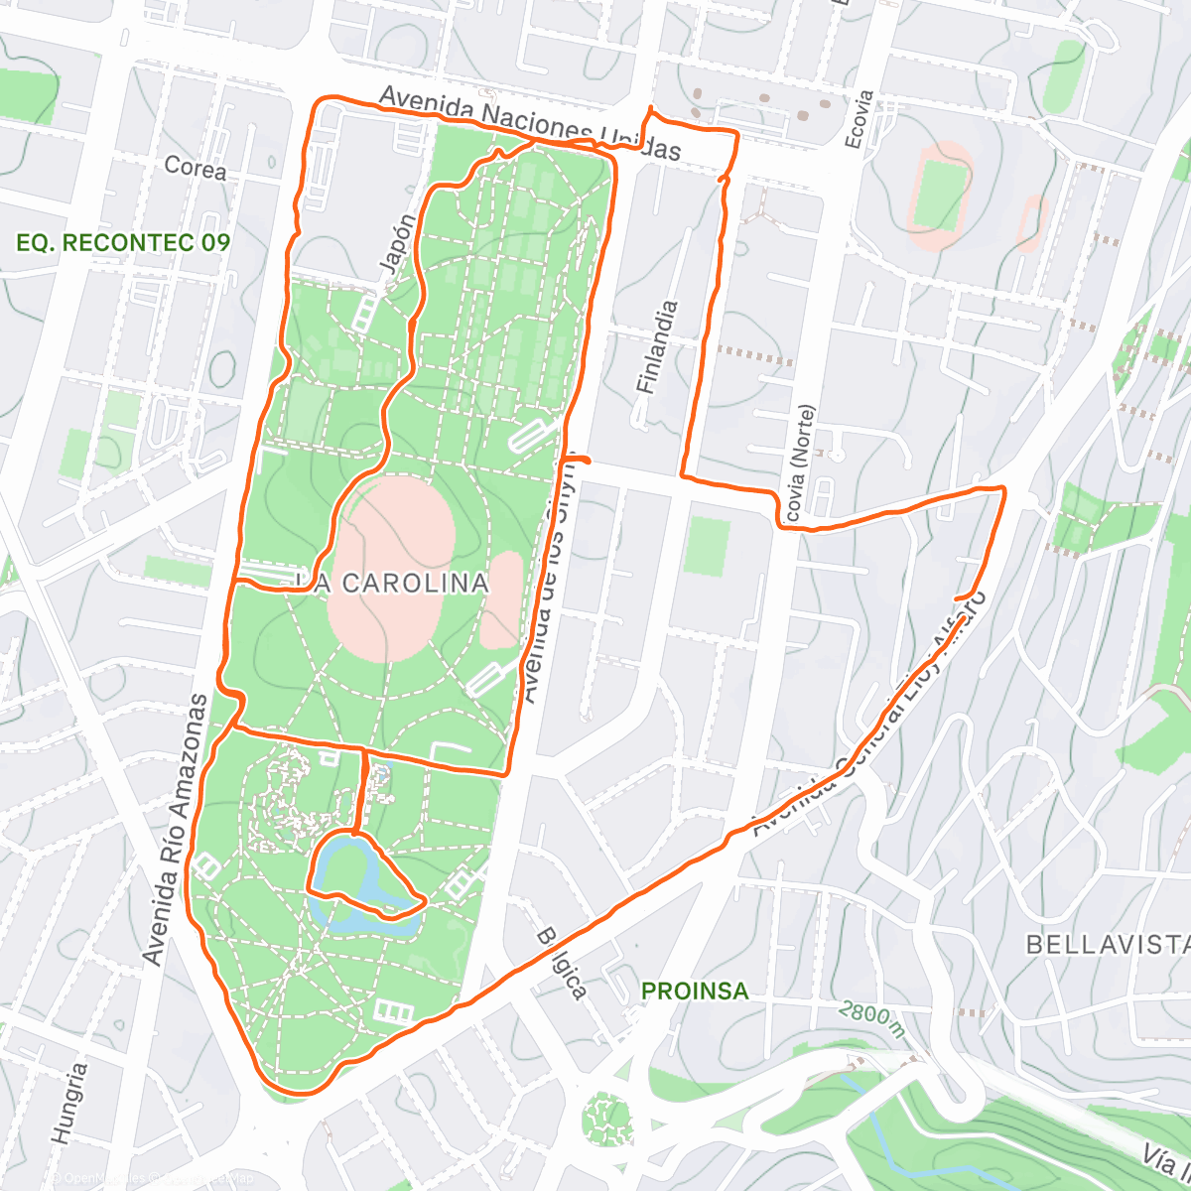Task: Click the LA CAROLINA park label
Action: (400, 584)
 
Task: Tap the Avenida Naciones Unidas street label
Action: (530, 124)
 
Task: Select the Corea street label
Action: (195, 168)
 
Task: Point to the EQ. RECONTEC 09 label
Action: (123, 242)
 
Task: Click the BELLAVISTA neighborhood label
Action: (1107, 944)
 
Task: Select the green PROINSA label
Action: (695, 991)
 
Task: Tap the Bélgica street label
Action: (562, 963)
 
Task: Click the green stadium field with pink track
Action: (938, 194)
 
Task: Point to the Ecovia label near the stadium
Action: (860, 119)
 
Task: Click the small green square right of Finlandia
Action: (707, 546)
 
